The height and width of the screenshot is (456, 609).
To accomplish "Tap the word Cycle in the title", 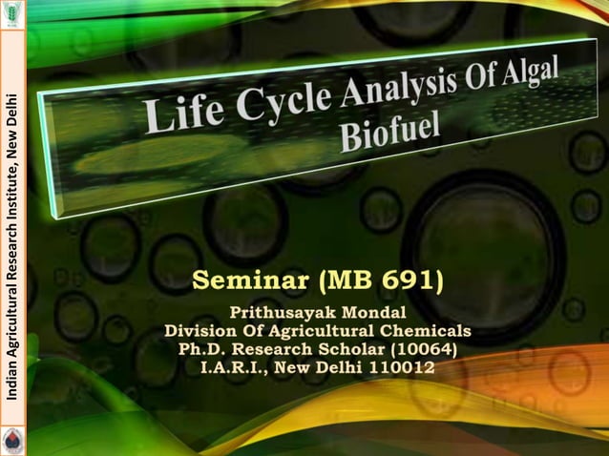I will click(x=256, y=105).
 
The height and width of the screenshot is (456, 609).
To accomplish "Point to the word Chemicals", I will click(x=426, y=331).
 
